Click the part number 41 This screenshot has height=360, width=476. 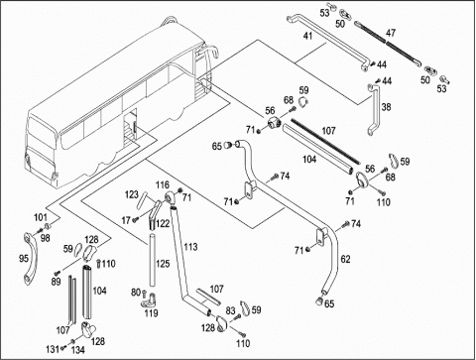[307, 36]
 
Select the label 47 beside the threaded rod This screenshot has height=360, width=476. [391, 33]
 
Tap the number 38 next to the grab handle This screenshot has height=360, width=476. [386, 107]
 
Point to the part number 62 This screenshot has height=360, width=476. [345, 259]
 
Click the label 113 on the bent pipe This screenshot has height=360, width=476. [191, 247]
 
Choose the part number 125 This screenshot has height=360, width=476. [163, 264]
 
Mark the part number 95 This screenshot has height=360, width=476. [24, 258]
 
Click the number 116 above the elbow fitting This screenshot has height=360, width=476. [163, 185]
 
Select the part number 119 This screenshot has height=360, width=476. [151, 312]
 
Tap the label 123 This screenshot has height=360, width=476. [131, 194]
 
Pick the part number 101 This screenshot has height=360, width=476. [41, 217]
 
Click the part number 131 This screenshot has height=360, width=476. [53, 348]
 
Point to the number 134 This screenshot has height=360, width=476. [78, 350]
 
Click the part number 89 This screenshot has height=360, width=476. [56, 282]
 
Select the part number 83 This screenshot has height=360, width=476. [230, 310]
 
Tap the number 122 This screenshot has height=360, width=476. [163, 223]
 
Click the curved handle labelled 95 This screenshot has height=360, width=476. [30, 259]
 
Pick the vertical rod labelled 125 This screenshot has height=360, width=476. [152, 260]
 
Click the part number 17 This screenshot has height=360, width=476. [126, 220]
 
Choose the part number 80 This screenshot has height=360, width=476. [136, 293]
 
